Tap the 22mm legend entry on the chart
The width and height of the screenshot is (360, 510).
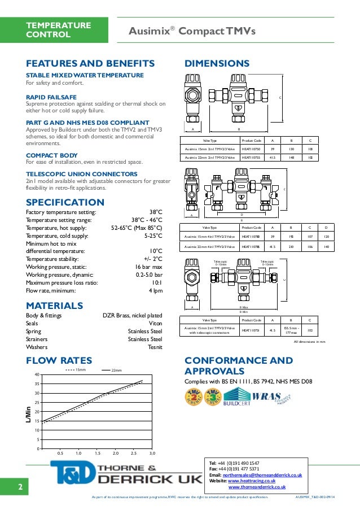pyautogui.click(x=116, y=370)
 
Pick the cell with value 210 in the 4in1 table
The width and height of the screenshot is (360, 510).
pyautogui.click(x=291, y=246)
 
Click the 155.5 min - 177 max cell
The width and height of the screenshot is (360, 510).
pyautogui.click(x=291, y=330)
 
